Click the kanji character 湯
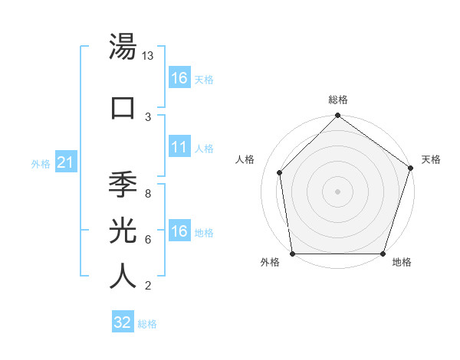(123, 48)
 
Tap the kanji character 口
(123, 106)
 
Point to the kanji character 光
(123, 230)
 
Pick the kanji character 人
(123, 275)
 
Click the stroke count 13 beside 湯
(148, 57)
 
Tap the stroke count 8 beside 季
(148, 194)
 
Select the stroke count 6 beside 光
(148, 240)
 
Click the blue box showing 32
(123, 322)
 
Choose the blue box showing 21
(66, 162)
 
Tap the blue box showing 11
(179, 147)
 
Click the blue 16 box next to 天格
(179, 78)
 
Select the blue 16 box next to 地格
(179, 231)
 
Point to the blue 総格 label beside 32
(147, 324)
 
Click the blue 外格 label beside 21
(41, 163)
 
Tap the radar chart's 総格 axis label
(338, 100)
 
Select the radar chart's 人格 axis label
(245, 159)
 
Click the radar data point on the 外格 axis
(293, 254)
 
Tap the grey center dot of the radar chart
(338, 191)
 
